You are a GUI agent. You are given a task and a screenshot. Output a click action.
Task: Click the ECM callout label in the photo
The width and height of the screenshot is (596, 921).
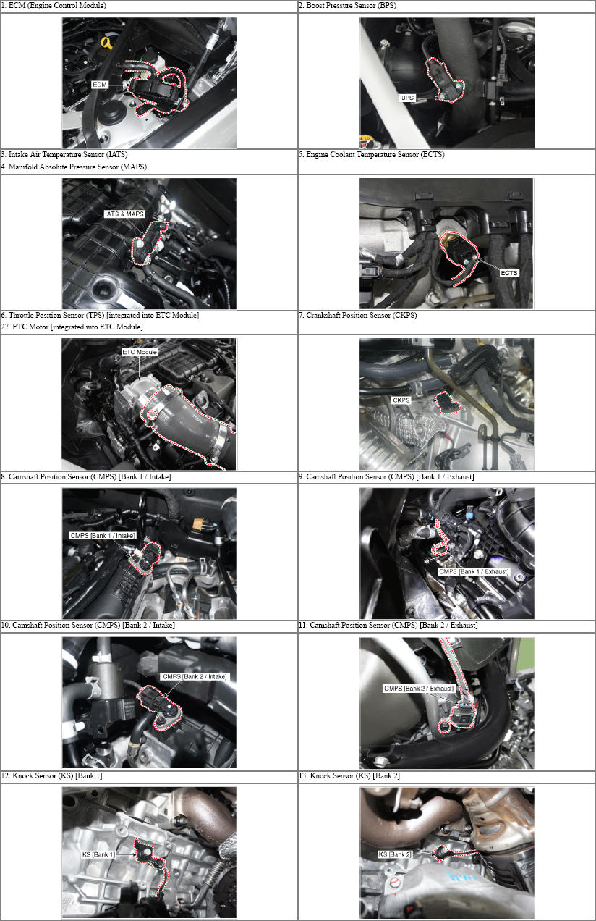click(100, 85)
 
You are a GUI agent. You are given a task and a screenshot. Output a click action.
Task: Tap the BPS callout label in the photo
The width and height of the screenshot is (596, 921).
click(407, 98)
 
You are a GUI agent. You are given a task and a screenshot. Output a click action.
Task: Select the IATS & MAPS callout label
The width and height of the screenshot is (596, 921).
click(124, 214)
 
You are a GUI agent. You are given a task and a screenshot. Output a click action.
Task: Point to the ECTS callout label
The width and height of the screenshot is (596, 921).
click(509, 273)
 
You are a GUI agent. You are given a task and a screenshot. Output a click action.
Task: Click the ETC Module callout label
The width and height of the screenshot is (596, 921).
click(140, 353)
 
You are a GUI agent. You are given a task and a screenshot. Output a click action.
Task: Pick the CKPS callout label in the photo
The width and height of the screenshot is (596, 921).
click(401, 400)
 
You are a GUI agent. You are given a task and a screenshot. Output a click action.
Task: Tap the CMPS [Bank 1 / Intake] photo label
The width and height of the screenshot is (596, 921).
click(102, 536)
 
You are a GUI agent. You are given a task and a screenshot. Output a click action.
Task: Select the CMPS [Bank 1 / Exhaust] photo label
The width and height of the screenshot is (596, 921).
click(474, 571)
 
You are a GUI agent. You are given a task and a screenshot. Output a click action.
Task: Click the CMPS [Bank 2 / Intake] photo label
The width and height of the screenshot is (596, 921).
click(195, 676)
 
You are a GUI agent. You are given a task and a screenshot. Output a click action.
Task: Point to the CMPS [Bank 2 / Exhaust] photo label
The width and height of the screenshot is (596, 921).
click(419, 689)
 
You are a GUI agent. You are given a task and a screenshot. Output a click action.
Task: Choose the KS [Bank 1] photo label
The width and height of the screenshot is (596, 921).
click(98, 854)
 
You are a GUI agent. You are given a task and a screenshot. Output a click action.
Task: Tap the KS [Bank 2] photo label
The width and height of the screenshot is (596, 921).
click(395, 854)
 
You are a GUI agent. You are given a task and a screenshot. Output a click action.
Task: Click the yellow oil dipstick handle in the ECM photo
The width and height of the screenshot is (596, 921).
click(108, 43)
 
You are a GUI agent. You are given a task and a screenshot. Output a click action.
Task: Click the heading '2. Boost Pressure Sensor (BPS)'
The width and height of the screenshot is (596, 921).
click(347, 6)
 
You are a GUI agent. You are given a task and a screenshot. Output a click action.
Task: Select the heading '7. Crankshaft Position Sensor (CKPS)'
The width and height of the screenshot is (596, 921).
click(358, 316)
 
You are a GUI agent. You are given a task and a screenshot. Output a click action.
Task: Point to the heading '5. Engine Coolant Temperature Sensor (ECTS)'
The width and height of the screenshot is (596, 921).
click(372, 155)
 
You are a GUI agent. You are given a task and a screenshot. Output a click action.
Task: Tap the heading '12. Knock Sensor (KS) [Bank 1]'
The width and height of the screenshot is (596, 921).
click(52, 776)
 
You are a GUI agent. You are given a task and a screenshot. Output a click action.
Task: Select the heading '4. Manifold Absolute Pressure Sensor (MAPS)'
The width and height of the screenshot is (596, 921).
click(74, 167)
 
